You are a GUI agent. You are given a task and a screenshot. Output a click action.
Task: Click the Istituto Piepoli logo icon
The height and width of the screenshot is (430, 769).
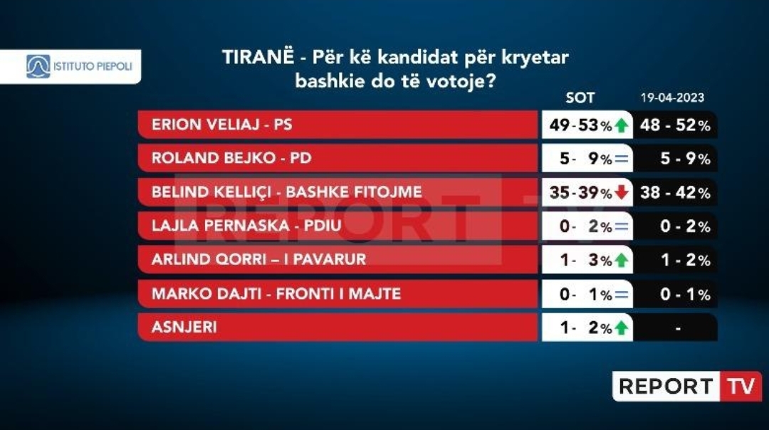click(x=38, y=66)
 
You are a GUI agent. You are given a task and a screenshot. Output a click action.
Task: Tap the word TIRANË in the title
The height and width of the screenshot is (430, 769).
click(x=258, y=56)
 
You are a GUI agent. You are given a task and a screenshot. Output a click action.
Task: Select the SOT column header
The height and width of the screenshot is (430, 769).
click(x=580, y=98)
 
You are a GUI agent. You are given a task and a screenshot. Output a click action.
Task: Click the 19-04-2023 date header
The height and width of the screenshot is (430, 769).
click(x=672, y=98)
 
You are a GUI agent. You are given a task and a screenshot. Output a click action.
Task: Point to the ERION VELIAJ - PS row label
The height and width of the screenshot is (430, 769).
click(x=221, y=125)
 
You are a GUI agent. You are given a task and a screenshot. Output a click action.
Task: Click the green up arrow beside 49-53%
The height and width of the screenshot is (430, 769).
click(x=622, y=125)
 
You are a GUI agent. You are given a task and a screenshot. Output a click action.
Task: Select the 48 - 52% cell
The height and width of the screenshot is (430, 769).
click(x=675, y=125)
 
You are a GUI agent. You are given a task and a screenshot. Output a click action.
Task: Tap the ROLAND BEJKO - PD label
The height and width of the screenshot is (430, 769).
click(x=231, y=158)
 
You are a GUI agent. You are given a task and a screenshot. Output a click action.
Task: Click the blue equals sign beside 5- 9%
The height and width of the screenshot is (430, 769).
click(x=622, y=159)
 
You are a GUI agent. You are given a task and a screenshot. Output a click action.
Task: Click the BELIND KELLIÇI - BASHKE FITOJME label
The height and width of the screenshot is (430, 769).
click(x=287, y=192)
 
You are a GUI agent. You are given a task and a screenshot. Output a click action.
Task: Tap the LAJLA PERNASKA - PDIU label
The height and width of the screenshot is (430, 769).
click(x=246, y=226)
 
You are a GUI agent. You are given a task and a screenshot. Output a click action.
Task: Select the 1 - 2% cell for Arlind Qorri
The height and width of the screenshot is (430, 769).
click(x=686, y=260)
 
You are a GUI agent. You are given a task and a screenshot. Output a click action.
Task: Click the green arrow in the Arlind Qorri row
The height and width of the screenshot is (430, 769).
click(x=622, y=260)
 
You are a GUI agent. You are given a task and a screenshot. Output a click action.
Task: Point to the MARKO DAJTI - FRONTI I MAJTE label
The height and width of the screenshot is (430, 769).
click(x=276, y=294)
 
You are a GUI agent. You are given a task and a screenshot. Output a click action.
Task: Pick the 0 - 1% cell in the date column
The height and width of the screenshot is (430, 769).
click(x=686, y=294)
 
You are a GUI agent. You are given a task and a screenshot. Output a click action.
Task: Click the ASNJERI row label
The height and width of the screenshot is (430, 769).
click(x=184, y=327)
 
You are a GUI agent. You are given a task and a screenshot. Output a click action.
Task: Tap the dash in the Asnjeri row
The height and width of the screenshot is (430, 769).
click(x=678, y=328)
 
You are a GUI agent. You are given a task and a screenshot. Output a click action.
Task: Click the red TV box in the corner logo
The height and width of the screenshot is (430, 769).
click(x=741, y=387)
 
